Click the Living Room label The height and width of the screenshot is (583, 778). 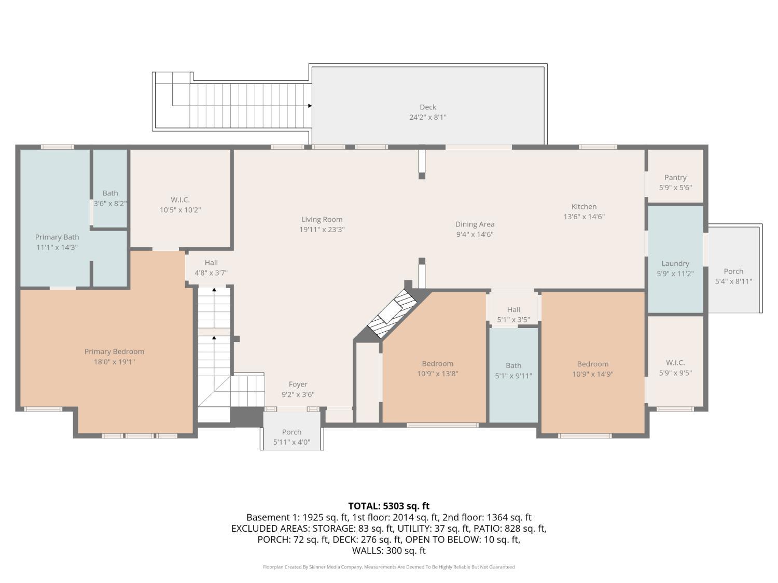(322, 219)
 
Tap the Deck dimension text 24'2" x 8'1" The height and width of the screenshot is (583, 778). (428, 117)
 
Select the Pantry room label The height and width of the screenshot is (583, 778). (675, 177)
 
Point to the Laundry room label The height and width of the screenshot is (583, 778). (675, 263)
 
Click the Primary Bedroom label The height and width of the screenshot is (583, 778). (114, 351)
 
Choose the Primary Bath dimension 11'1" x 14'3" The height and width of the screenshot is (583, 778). (57, 247)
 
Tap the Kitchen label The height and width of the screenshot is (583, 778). (584, 206)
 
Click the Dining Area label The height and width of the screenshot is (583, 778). (475, 224)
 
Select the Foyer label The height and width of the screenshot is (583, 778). (298, 385)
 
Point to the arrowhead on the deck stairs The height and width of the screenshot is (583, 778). (310, 106)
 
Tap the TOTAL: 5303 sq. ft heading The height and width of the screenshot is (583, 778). (389, 506)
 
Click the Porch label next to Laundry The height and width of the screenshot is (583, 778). (733, 271)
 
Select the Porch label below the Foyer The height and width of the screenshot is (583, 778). (291, 432)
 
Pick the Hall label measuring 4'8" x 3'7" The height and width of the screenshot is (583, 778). (211, 263)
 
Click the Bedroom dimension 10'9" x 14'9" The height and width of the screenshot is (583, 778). (593, 374)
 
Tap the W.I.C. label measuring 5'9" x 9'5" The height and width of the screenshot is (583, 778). (675, 363)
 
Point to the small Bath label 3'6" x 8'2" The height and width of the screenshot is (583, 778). (110, 193)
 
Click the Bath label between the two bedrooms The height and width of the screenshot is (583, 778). (513, 366)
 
